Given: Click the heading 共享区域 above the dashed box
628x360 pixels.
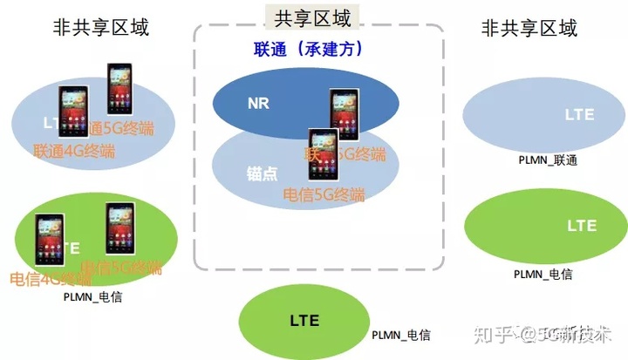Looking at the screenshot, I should point(313,18).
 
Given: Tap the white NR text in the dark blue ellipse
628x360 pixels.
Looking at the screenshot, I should point(258,103).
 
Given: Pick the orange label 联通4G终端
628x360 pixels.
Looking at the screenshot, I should point(74,151).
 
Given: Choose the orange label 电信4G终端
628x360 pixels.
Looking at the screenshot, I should point(51,280).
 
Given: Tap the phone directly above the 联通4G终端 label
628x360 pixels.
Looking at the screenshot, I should point(73,110).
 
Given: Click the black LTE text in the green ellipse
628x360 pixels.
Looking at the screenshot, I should point(304,321).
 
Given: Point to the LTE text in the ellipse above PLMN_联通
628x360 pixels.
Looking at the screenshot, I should point(580,114).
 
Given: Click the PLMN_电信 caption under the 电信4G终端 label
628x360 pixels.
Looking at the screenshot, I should point(93,296).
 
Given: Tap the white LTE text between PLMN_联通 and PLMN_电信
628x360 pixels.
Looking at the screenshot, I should point(582,226).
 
